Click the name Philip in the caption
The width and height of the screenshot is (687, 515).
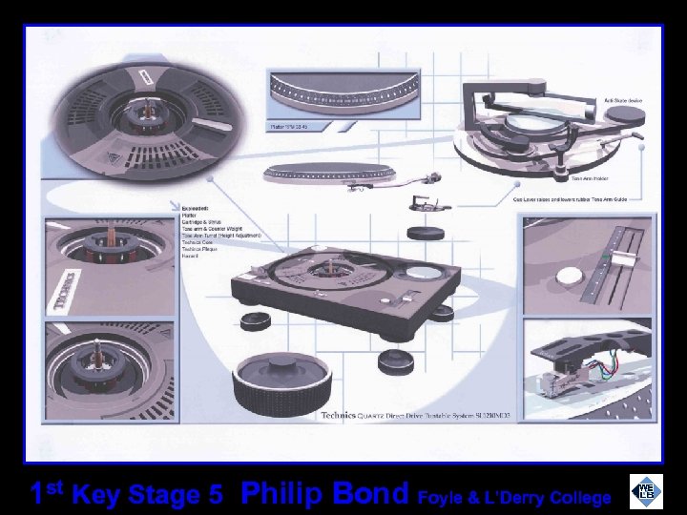pyautogui.click(x=282, y=495)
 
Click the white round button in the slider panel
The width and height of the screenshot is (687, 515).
pyautogui.click(x=569, y=275)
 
